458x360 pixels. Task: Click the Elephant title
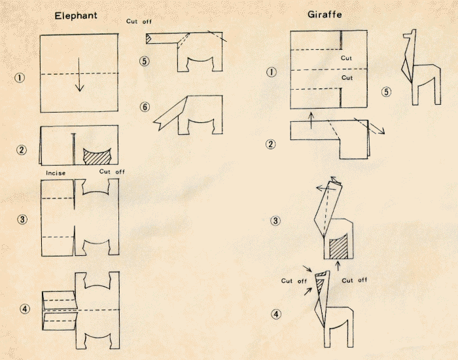[77, 15]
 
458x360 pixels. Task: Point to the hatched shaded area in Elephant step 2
[97, 156]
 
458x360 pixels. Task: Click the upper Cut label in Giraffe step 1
[347, 58]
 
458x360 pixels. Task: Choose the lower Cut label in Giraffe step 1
[347, 77]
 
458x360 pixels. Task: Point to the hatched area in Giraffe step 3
[338, 247]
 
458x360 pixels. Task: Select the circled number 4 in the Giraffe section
[276, 314]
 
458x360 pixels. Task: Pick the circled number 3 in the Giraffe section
[276, 221]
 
